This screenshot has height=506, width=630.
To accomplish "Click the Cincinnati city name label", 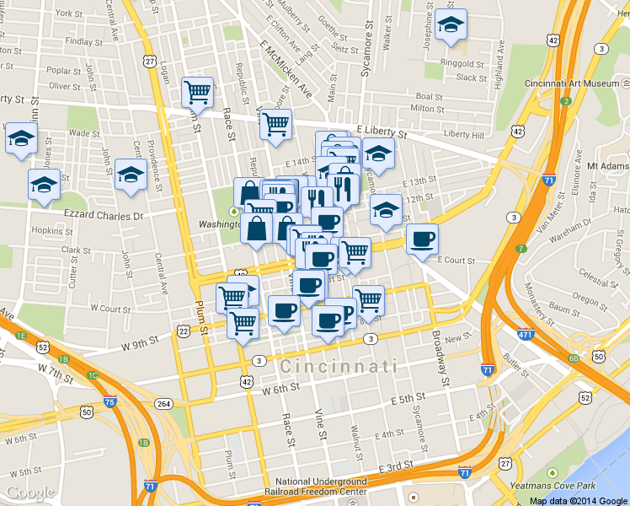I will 339,367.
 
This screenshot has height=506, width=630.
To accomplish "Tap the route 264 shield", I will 163,404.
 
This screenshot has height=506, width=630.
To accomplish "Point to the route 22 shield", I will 184,331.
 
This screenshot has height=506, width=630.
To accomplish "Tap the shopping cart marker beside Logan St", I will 197,92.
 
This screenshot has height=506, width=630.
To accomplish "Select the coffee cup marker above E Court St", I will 422,240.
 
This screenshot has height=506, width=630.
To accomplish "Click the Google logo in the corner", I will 30,493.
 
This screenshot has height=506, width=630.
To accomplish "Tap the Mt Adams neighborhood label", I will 609,166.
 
